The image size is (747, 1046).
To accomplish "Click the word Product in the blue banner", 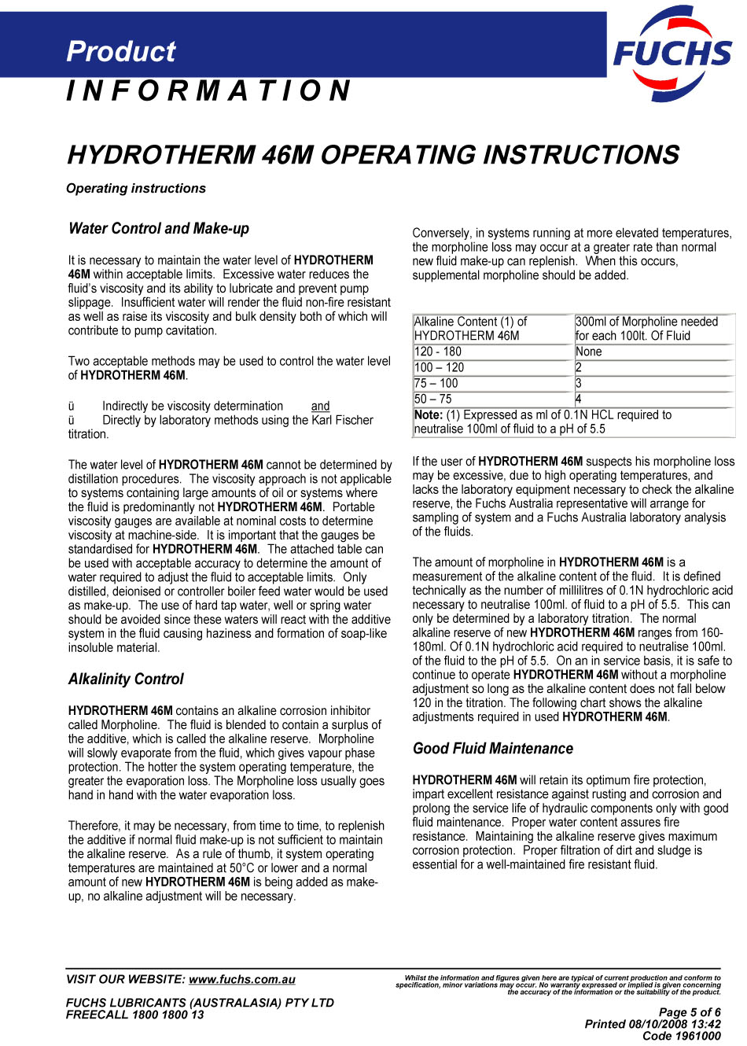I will click(121, 51).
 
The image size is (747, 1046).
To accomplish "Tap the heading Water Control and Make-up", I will click(159, 229).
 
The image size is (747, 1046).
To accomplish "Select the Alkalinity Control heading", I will click(126, 680).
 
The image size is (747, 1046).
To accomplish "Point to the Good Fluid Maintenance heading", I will click(493, 749).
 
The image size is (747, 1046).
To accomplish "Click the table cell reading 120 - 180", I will click(438, 352).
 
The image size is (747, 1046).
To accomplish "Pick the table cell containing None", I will click(589, 352).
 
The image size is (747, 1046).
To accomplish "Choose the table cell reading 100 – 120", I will click(440, 367).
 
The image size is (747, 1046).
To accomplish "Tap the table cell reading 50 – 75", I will click(433, 399).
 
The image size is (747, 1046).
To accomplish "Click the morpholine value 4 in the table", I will click(579, 399).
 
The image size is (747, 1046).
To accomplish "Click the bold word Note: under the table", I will click(429, 414).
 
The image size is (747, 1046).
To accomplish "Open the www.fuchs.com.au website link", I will click(242, 980).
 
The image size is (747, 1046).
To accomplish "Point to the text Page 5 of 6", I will click(690, 1012).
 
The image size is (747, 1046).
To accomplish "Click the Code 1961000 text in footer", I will click(682, 1036).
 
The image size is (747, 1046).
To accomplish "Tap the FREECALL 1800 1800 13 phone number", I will click(135, 1015).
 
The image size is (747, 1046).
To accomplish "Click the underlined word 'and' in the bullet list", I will click(320, 407).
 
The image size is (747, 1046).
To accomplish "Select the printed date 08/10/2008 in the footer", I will click(659, 1024).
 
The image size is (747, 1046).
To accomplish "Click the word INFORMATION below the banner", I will click(208, 91).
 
